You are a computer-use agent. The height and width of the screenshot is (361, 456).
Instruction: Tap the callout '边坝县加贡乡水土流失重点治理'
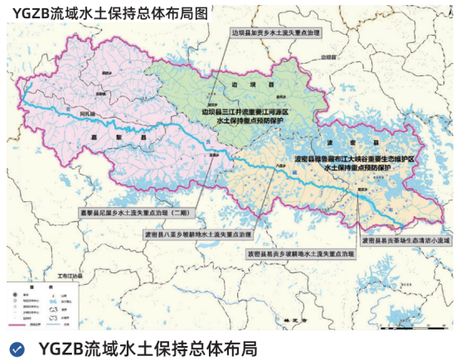[x=277, y=34]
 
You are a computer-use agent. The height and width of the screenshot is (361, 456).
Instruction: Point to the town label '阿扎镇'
[x=88, y=112]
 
